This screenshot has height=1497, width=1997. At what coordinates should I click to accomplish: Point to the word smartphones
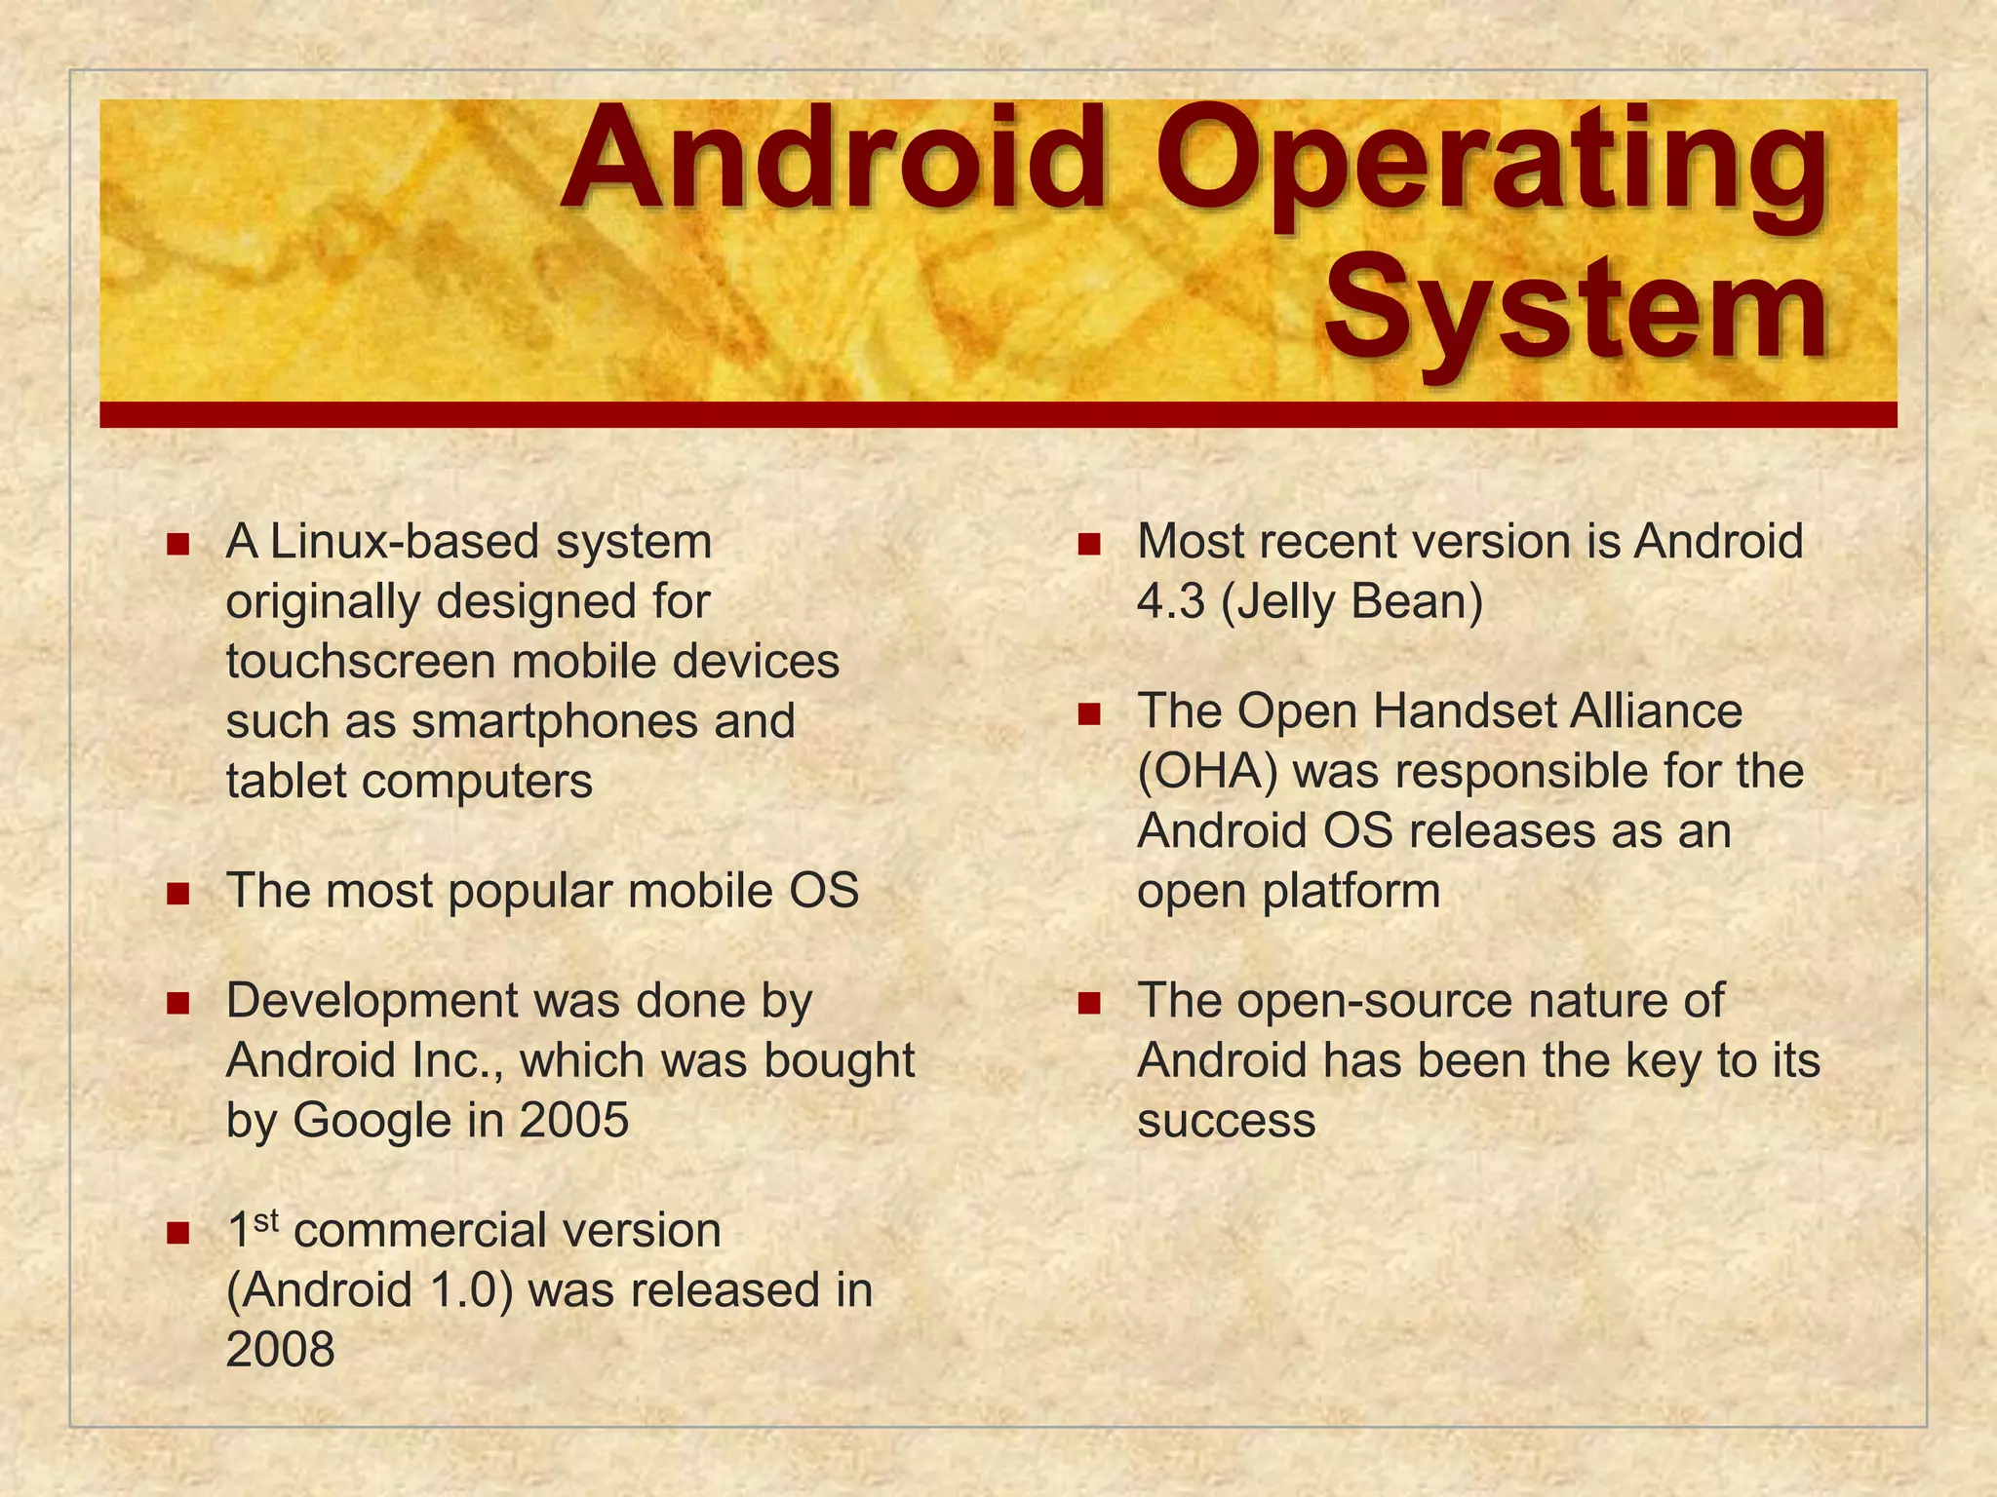556,722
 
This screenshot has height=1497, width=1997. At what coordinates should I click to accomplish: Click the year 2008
280,1351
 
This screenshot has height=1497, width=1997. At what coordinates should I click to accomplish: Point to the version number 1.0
462,1290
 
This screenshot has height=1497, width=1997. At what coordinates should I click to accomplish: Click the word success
1226,1121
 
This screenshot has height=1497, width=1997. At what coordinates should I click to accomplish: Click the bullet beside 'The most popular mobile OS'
177,893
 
